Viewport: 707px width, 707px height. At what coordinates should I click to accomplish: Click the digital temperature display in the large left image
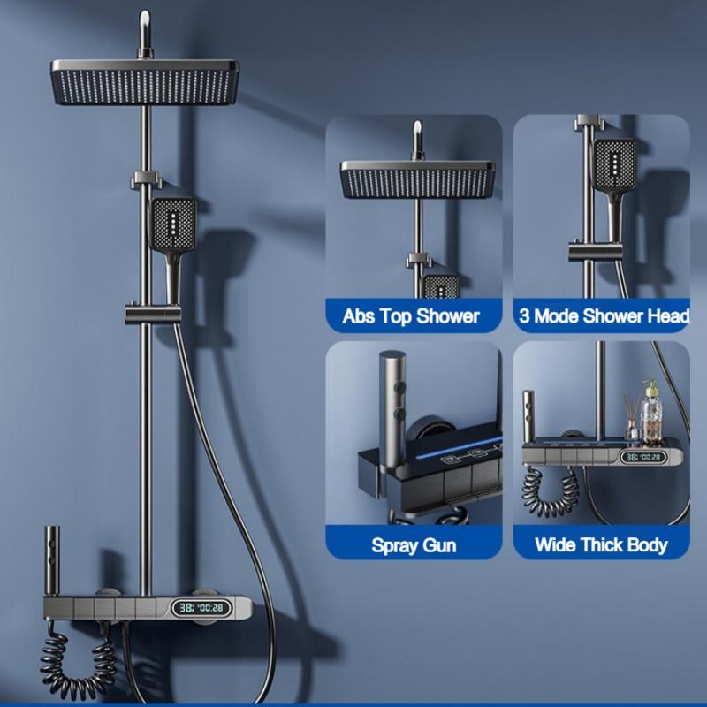coord(199,608)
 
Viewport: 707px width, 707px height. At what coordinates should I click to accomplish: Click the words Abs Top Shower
coord(412,315)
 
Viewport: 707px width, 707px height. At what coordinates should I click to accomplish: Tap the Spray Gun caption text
coord(414,544)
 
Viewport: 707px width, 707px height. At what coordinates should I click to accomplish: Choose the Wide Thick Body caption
coord(601,544)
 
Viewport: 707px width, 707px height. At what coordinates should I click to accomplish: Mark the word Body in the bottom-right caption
coord(647,544)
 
